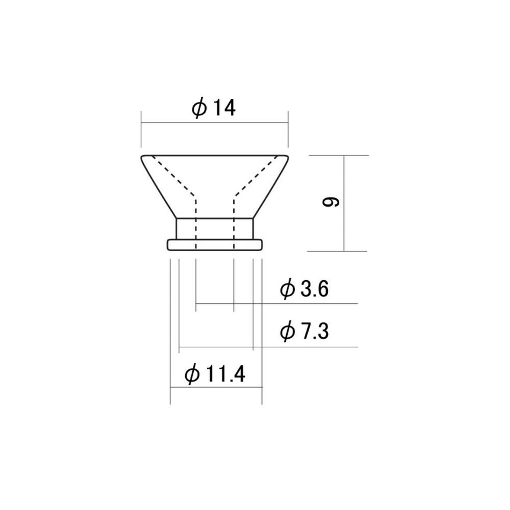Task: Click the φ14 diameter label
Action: [213, 108]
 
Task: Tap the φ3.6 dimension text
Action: [304, 288]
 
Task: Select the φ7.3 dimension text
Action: [304, 331]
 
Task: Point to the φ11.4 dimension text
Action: [215, 374]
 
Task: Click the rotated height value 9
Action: [331, 202]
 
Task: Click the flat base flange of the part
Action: [215, 245]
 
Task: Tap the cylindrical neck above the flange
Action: [215, 229]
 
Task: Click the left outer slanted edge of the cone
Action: [158, 187]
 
